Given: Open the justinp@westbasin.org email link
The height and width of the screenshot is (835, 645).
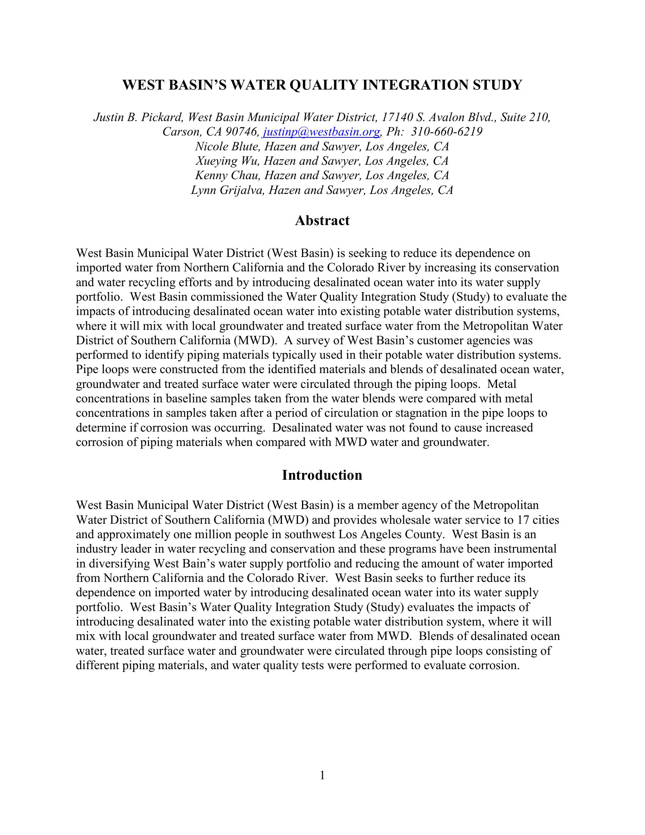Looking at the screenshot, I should (x=321, y=132).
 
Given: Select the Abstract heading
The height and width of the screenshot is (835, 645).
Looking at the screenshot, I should (x=322, y=221).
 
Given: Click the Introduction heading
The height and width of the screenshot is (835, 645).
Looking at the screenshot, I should (x=322, y=475).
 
